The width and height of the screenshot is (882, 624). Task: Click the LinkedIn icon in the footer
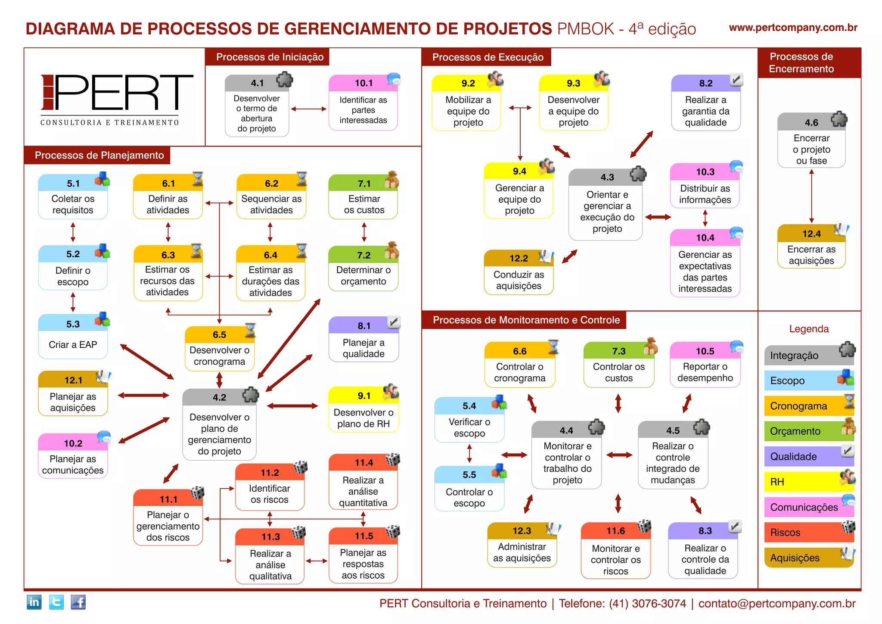34,602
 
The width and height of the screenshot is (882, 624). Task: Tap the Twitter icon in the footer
56,602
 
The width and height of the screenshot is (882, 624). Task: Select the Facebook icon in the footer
78,602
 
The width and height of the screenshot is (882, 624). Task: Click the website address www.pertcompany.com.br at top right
793,28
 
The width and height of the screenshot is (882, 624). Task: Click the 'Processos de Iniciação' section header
270,57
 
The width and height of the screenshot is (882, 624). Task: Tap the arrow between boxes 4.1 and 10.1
308,109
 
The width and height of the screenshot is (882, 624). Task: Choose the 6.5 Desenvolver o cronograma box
219,348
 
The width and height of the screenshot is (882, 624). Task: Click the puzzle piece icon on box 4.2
250,394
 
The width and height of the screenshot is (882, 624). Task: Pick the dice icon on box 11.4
393,460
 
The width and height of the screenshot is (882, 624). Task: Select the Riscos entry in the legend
808,532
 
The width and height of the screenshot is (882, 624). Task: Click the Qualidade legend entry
808,456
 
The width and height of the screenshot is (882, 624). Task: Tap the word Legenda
809,329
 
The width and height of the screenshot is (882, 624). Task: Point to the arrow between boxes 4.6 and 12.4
811,196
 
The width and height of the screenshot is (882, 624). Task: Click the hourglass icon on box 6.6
553,347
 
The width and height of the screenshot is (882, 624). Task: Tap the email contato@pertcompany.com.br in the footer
776,603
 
